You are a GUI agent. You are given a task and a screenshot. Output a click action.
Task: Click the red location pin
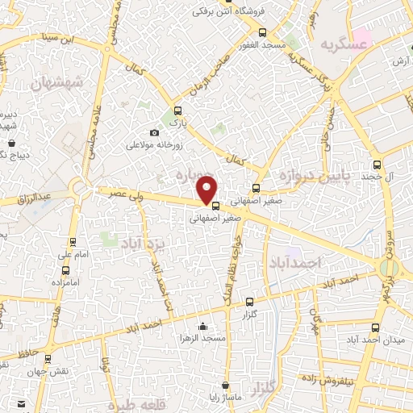click(208, 190)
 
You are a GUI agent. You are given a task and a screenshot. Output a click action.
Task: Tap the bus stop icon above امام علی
click(73, 241)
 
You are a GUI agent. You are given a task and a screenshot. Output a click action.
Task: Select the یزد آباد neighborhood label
click(143, 242)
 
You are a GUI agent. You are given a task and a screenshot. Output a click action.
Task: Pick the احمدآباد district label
click(296, 263)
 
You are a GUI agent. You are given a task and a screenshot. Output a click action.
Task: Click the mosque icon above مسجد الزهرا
click(202, 326)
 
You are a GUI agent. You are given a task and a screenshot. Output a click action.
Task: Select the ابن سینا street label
click(81, 37)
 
